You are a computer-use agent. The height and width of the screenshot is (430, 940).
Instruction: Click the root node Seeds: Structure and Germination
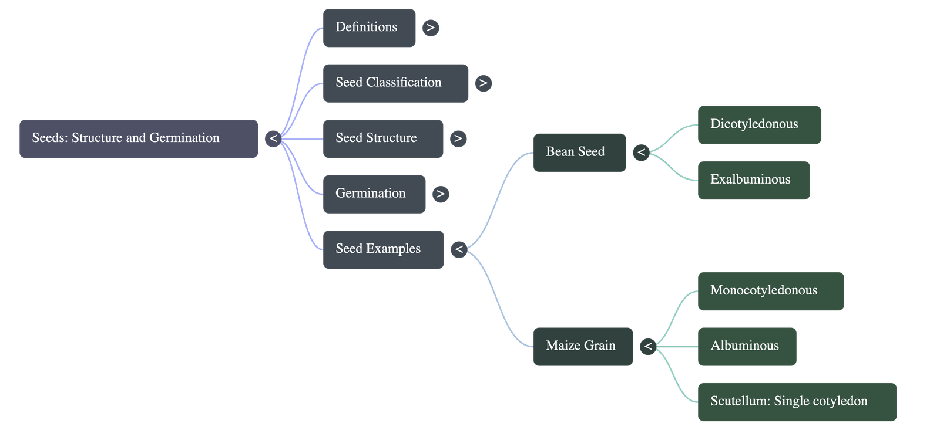pyautogui.click(x=139, y=139)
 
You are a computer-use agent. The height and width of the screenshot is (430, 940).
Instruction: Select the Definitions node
pyautogui.click(x=369, y=28)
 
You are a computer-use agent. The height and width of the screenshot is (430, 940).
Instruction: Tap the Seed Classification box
pyautogui.click(x=395, y=83)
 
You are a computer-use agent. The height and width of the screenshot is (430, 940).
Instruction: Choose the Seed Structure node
pyautogui.click(x=382, y=139)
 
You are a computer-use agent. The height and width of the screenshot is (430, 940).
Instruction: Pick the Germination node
pyautogui.click(x=374, y=194)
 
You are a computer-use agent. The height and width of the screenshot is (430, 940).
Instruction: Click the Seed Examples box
pyautogui.click(x=383, y=250)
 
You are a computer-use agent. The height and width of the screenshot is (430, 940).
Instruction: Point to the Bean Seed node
pyautogui.click(x=579, y=153)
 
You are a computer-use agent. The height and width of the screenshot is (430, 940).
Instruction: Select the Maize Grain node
pyautogui.click(x=583, y=347)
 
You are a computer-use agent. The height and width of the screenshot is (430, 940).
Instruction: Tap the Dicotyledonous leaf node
pyautogui.click(x=759, y=125)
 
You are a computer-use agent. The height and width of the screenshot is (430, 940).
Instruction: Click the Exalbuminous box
pyautogui.click(x=753, y=181)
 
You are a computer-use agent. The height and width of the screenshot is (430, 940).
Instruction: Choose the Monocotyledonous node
pyautogui.click(x=770, y=292)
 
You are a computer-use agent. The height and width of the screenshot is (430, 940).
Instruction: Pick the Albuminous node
pyautogui.click(x=747, y=347)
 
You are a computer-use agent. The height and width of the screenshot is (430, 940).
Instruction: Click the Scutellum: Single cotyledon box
pyautogui.click(x=797, y=402)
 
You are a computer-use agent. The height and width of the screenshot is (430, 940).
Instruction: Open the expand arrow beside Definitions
pyautogui.click(x=431, y=28)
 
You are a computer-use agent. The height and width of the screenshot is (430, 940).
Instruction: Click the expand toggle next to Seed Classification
pyautogui.click(x=484, y=83)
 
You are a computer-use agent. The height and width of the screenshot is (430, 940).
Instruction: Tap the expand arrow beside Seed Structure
pyautogui.click(x=458, y=139)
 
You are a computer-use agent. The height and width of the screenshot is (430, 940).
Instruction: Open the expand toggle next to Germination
pyautogui.click(x=440, y=194)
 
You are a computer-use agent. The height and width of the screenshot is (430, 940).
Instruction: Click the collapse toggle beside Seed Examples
pyautogui.click(x=459, y=250)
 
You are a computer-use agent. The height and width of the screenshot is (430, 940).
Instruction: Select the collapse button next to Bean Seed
pyautogui.click(x=641, y=153)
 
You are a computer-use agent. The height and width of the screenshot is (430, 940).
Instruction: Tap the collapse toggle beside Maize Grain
pyautogui.click(x=648, y=347)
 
